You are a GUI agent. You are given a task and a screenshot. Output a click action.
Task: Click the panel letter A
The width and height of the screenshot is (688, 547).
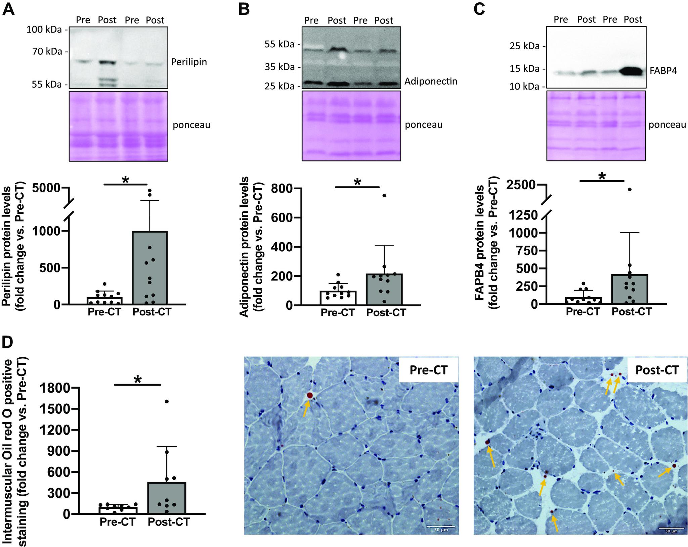(x=8, y=9)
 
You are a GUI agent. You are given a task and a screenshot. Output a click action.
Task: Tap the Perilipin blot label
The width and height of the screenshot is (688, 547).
(x=189, y=62)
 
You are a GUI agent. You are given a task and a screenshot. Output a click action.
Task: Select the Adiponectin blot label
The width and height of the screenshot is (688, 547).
(x=431, y=82)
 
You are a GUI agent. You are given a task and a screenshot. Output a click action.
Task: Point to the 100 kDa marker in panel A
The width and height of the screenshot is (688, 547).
(x=44, y=30)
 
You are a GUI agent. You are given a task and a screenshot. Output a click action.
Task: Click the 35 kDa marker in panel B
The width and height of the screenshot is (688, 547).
(x=279, y=67)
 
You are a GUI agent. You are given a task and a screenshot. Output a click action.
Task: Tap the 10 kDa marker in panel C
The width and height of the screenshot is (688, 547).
(x=523, y=86)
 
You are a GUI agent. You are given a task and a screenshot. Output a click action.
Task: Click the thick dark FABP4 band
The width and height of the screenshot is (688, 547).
(x=632, y=71)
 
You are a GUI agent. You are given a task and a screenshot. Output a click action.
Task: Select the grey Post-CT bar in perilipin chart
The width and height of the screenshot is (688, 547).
(x=150, y=268)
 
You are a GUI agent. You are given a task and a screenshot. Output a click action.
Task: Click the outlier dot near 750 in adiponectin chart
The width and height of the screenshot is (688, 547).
(x=384, y=196)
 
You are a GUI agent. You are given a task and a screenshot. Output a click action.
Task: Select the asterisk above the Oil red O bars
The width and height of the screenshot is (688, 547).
(x=138, y=380)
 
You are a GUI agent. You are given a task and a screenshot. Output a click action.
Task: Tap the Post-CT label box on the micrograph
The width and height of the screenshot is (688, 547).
(x=657, y=369)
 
